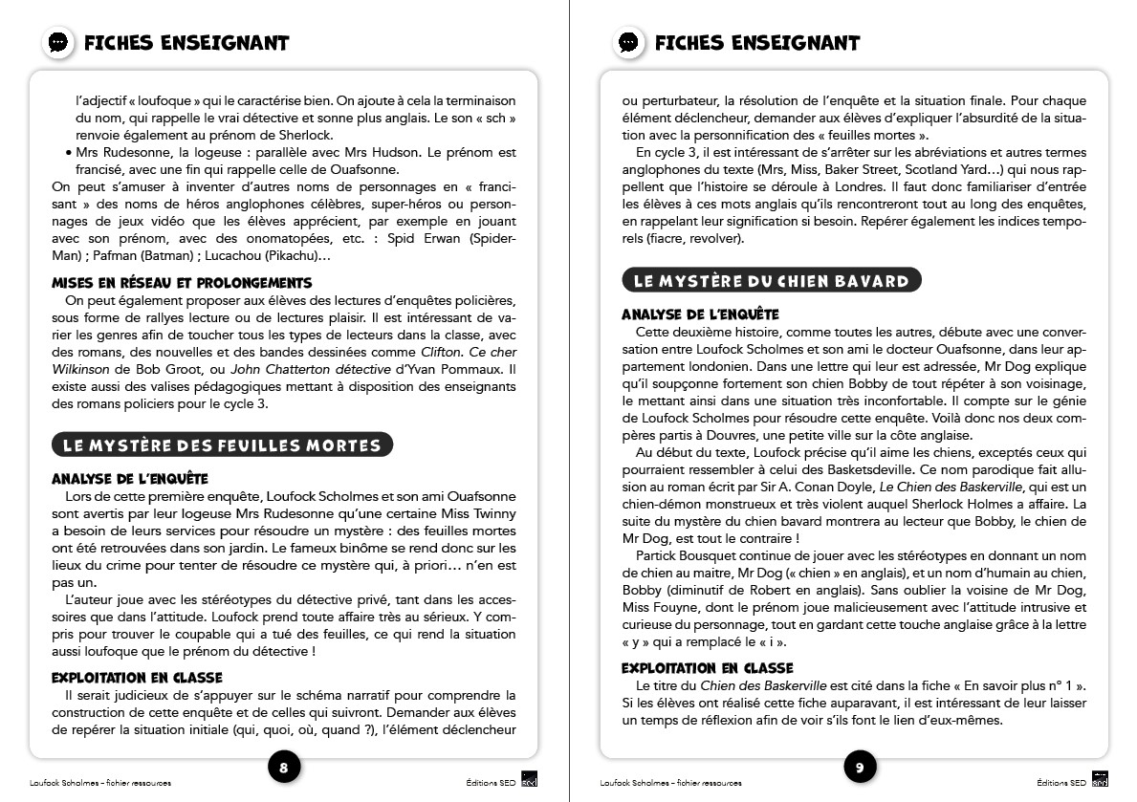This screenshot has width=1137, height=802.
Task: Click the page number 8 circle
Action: click(283, 767)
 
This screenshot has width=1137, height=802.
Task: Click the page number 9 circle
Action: click(860, 767)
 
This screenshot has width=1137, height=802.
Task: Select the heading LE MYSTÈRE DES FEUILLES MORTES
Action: click(222, 445)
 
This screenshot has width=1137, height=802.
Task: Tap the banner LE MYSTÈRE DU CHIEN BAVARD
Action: click(771, 281)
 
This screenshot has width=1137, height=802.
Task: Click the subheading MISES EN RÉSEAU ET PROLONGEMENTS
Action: click(182, 283)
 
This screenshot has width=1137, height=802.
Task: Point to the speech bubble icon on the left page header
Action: click(59, 43)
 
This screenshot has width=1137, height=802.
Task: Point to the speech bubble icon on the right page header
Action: click(628, 43)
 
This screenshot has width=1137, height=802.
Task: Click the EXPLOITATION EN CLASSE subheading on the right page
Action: click(708, 668)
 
